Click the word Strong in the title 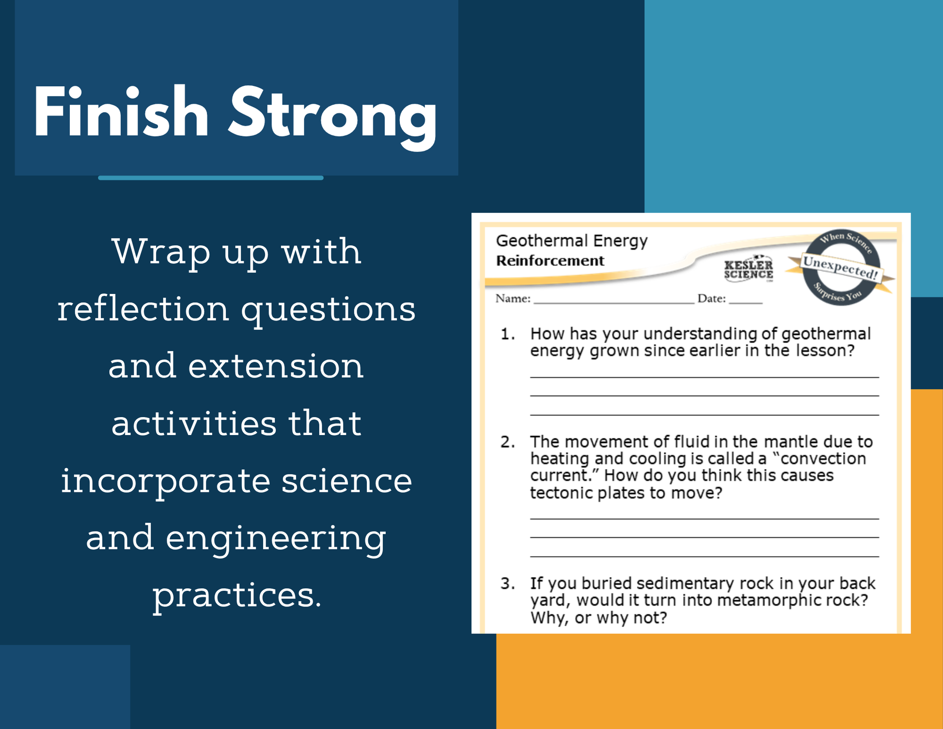(x=333, y=117)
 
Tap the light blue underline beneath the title (x=211, y=178)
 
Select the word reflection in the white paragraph (x=143, y=308)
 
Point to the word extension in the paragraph (x=276, y=366)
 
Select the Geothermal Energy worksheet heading (x=572, y=241)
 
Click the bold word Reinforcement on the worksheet (x=550, y=261)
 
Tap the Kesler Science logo (x=749, y=268)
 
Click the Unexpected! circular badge (x=840, y=267)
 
